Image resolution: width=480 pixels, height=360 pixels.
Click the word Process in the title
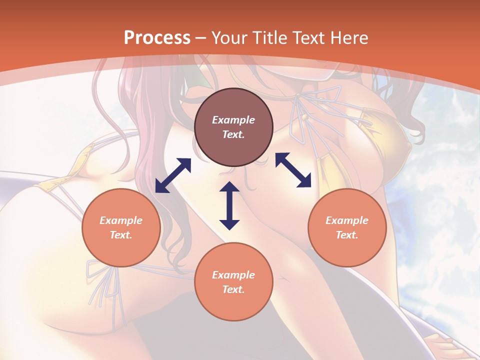[156, 38]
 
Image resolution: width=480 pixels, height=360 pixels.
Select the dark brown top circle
[233, 127]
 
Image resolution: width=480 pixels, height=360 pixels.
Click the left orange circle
[121, 227]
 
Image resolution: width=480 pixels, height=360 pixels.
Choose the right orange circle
[347, 227]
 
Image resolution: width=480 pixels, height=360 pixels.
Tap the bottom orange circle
[233, 281]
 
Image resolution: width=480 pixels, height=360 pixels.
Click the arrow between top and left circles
[173, 175]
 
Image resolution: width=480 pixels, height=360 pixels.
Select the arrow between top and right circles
[293, 170]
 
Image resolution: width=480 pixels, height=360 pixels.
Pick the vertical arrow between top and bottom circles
[229, 205]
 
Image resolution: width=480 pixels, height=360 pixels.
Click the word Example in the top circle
[233, 120]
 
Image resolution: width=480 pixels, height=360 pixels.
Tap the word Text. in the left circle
[121, 235]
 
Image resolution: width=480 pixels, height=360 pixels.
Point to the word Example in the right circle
[347, 220]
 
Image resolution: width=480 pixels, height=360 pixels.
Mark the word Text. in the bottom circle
[233, 289]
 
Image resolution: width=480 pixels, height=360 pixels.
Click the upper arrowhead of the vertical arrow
[229, 186]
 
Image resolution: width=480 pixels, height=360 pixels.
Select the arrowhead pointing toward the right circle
[304, 181]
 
